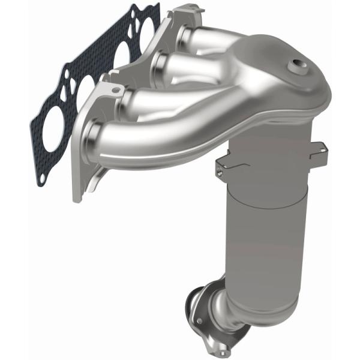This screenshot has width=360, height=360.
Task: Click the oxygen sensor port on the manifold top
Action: coord(296,65)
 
